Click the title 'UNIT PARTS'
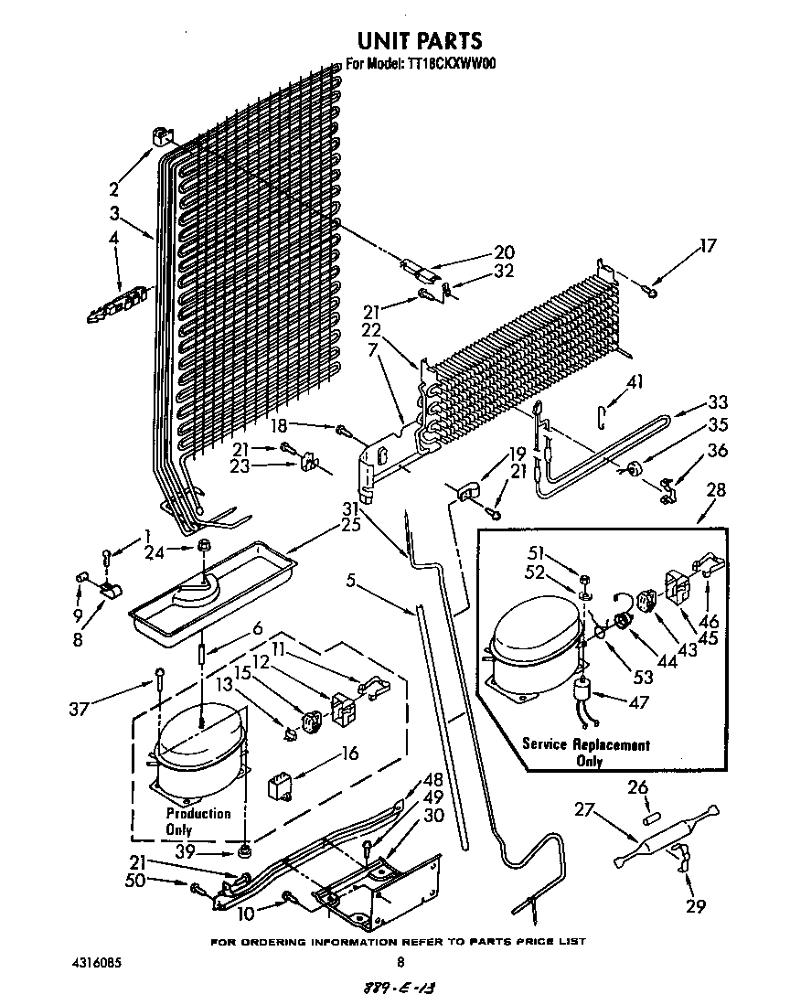418,40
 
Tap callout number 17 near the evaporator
709,245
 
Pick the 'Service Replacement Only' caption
586,753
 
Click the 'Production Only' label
198,821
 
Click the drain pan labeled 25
210,590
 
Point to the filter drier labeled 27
662,835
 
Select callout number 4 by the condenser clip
114,240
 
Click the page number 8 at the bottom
400,962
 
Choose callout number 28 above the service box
716,490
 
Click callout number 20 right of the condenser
504,252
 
